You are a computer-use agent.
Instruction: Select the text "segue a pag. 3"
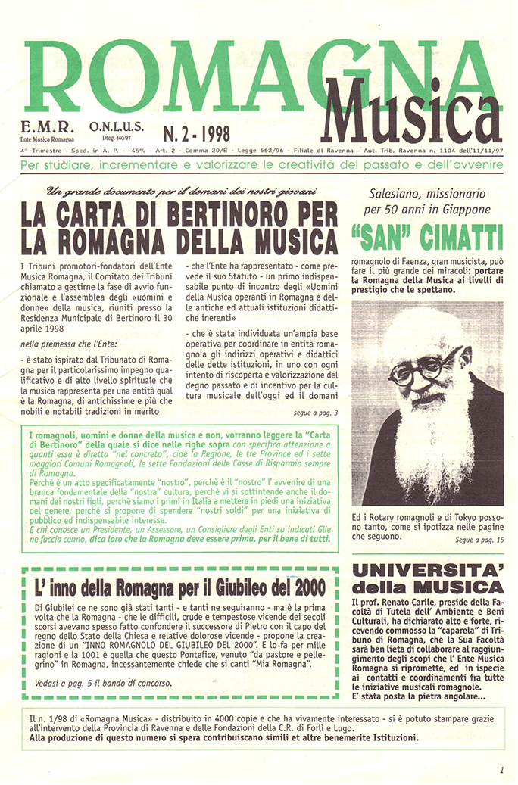(x=315, y=413)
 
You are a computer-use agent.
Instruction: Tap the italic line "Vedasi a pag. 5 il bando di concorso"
(x=105, y=682)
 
